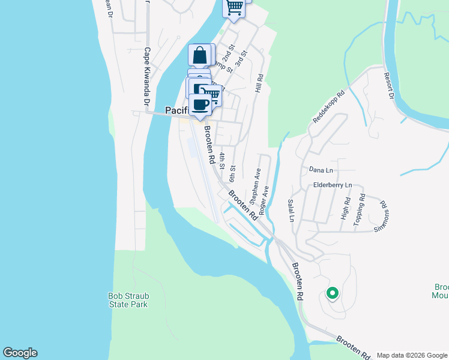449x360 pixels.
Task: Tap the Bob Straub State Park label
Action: (128, 300)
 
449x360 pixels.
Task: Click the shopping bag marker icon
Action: (200, 55)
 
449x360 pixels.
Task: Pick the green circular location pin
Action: (332, 293)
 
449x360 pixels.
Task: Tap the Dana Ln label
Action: (321, 170)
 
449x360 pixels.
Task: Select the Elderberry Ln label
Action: (333, 185)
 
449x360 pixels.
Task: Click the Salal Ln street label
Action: (291, 211)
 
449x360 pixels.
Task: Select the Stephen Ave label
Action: (255, 185)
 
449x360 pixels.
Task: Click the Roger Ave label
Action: (263, 196)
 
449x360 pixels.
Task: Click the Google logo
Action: (20, 353)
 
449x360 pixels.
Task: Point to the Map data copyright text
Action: (412, 355)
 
